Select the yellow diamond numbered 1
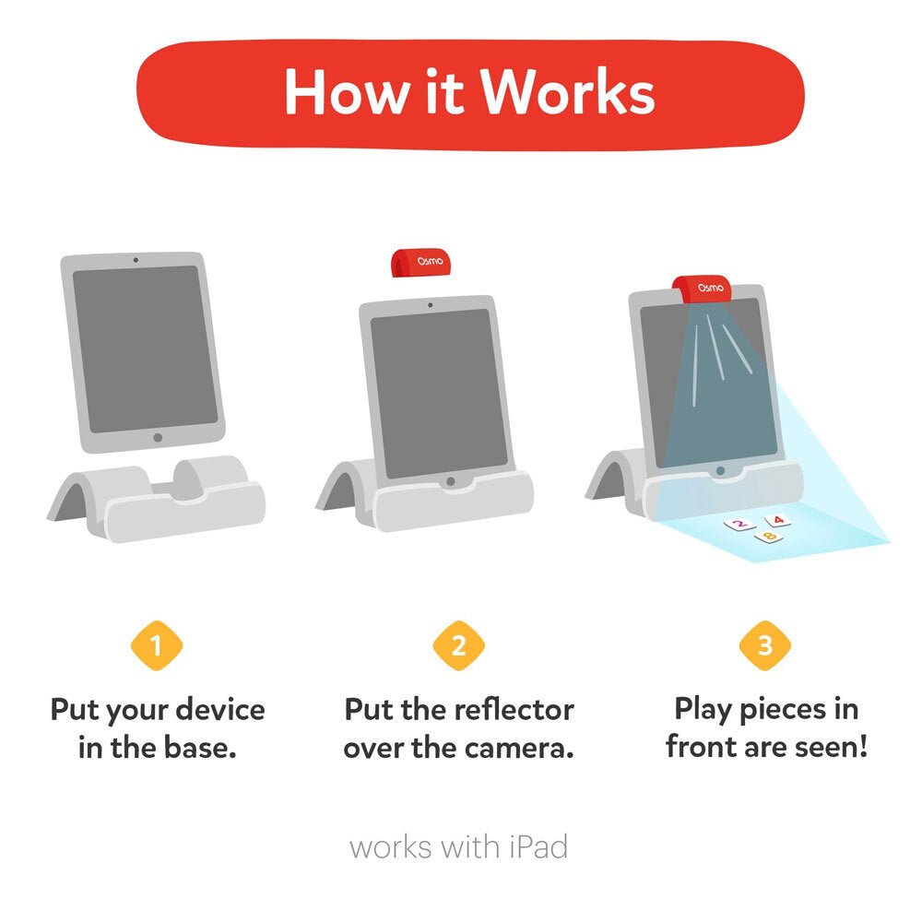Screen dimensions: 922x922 coord(157,645)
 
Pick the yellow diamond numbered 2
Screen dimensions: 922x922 coord(458,645)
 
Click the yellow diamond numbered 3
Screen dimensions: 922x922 coord(765,645)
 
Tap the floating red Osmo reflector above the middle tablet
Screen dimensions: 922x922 coord(421,262)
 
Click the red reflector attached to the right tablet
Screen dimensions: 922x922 coord(702,289)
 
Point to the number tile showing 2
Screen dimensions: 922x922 coord(739,524)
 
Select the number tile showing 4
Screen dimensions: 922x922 coord(777,520)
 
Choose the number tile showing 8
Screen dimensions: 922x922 coord(769,537)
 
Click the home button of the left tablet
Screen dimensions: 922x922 coord(158,437)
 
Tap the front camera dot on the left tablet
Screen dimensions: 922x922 coord(136,260)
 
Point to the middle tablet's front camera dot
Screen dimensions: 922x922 coord(431,305)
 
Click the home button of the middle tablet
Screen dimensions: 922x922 coord(451,481)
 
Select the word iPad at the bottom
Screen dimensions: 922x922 coord(538,847)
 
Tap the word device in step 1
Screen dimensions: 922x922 coord(220,710)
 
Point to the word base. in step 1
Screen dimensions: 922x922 coord(200,748)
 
